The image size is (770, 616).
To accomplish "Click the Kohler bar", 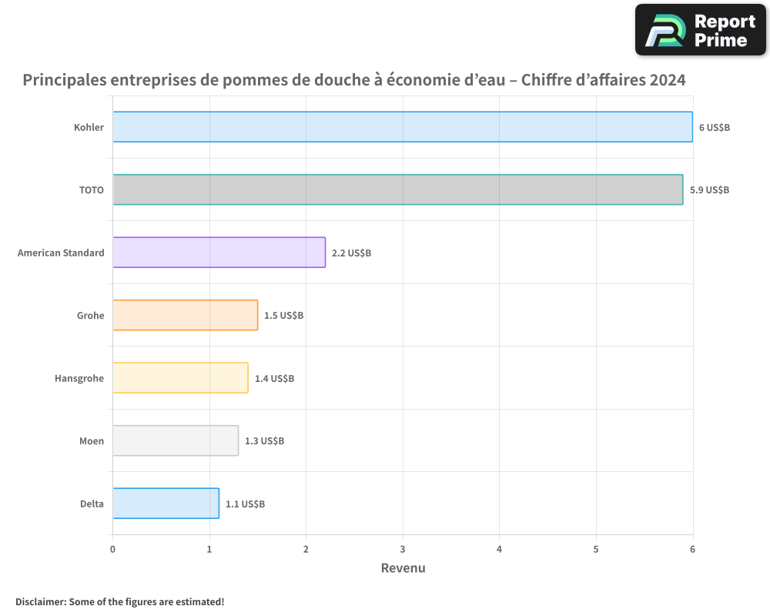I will [403, 127].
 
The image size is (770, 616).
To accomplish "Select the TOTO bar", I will [397, 189].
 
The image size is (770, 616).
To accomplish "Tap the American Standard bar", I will [219, 252].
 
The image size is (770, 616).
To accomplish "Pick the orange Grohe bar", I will [186, 315].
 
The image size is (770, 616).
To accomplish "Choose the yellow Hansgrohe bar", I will [180, 377].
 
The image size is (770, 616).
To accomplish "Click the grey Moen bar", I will [176, 440].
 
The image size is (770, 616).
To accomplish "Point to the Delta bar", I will [166, 503].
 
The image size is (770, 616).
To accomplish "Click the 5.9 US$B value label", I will [709, 189].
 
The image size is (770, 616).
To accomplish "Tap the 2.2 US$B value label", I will [351, 253].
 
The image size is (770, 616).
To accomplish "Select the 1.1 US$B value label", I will [245, 504].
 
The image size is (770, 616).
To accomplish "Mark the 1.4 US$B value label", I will [274, 378].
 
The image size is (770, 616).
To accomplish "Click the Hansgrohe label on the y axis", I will [79, 378].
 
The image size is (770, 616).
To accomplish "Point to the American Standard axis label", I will [61, 253].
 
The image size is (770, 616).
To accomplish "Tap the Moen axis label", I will [92, 441].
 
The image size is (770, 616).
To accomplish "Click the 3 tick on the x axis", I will [403, 549].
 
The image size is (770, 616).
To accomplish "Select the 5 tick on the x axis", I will [596, 549].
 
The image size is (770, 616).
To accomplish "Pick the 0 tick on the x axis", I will [112, 549].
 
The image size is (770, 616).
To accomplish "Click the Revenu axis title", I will [403, 568].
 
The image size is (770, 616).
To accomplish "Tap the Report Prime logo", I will [700, 30].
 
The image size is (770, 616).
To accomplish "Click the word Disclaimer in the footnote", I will [39, 601].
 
